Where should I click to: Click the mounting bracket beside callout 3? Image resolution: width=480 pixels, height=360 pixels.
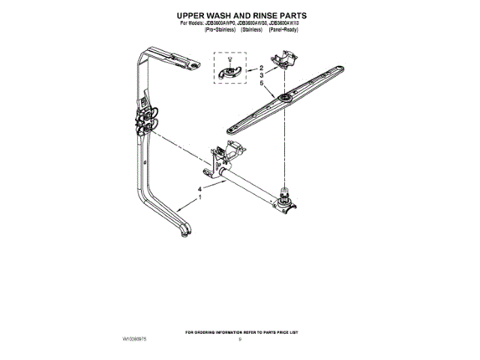[286, 57]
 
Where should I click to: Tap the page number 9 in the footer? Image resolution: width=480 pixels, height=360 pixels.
[239, 340]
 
